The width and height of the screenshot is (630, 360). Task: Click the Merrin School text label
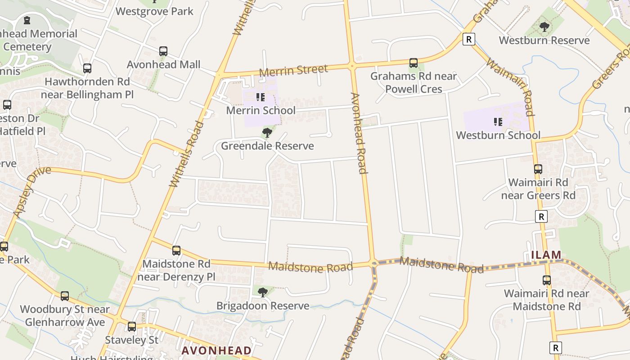click(261, 110)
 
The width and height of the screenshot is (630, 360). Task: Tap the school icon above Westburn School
click(498, 122)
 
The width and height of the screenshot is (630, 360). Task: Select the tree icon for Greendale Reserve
click(267, 133)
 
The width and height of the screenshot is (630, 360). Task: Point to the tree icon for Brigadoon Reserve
click(263, 292)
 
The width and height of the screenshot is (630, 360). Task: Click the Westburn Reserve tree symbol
click(544, 27)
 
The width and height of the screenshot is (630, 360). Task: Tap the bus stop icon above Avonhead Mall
click(163, 51)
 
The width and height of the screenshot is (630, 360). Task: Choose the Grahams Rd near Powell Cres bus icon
click(413, 63)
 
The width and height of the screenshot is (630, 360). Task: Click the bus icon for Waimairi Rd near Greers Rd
click(538, 169)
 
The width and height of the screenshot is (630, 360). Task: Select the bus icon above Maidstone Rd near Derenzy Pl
click(176, 251)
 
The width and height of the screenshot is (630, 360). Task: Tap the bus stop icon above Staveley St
click(132, 326)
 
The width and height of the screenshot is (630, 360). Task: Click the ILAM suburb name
click(546, 255)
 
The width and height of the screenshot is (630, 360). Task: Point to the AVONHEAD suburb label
click(216, 351)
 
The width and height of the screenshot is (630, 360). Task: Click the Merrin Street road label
click(293, 71)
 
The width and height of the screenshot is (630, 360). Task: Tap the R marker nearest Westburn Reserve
click(468, 39)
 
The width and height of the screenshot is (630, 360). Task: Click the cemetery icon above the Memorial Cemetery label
click(27, 20)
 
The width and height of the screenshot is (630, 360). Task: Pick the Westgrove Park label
click(154, 11)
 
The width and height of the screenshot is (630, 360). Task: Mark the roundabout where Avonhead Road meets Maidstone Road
click(373, 264)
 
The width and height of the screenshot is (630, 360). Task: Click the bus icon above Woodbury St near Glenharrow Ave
click(65, 296)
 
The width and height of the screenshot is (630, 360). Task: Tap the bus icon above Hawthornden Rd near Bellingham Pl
click(87, 68)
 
